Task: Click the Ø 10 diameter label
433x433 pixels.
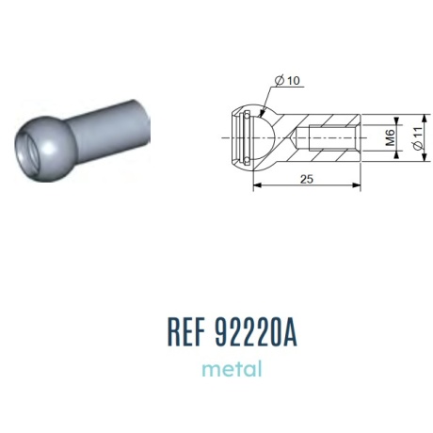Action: coord(287,81)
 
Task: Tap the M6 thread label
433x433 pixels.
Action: coord(390,138)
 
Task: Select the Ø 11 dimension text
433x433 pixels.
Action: coord(419,138)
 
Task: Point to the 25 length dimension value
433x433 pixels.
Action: coord(307,179)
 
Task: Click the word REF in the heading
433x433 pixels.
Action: coord(186,331)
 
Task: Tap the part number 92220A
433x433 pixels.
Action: coord(256,331)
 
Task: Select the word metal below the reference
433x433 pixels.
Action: coord(232,369)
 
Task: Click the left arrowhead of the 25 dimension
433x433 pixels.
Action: coord(257,185)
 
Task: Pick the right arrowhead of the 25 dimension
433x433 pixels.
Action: coord(357,185)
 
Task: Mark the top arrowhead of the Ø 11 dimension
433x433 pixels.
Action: coord(425,119)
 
